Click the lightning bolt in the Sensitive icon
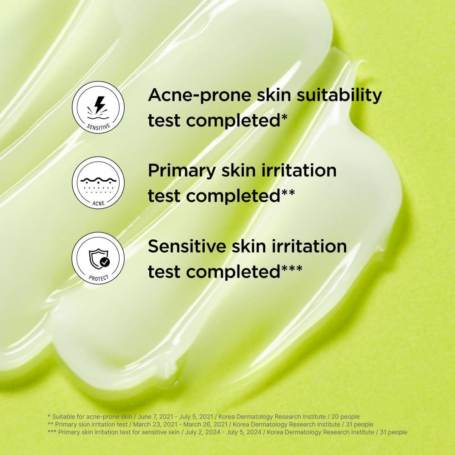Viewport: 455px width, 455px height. tap(99, 104)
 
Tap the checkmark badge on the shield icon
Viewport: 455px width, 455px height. tap(105, 262)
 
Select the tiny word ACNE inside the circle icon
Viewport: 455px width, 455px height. tap(98, 203)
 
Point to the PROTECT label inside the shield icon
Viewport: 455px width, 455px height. tap(98, 277)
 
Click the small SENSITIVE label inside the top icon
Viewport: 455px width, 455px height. tap(98, 126)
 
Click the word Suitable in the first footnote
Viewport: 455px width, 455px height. tap(63, 416)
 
